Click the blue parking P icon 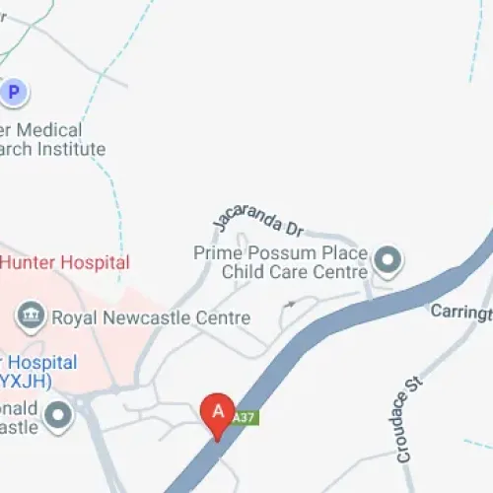pyautogui.click(x=13, y=93)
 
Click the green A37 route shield pyautogui.click(x=245, y=418)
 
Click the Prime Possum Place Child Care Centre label pyautogui.click(x=280, y=262)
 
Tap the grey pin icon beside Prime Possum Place pyautogui.click(x=389, y=261)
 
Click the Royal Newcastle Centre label pyautogui.click(x=151, y=318)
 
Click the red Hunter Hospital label pyautogui.click(x=64, y=263)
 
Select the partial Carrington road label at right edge pyautogui.click(x=460, y=313)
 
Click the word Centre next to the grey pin pyautogui.click(x=341, y=271)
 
